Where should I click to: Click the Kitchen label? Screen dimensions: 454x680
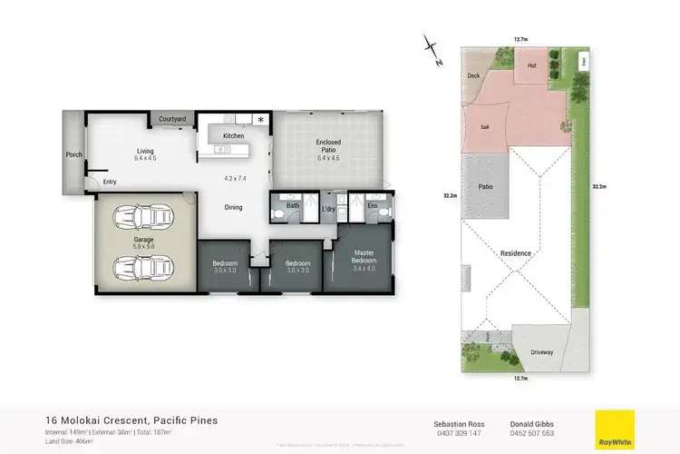point(233,135)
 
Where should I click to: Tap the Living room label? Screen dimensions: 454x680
point(146,152)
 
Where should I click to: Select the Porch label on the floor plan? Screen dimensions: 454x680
point(74,155)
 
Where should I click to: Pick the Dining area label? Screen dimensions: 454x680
point(233,208)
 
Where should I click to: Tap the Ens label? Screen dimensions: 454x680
point(372,206)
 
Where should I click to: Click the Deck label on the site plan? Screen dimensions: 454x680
point(472,77)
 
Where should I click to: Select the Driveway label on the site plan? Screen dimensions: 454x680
point(541,351)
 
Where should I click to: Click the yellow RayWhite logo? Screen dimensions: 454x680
point(615,429)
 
